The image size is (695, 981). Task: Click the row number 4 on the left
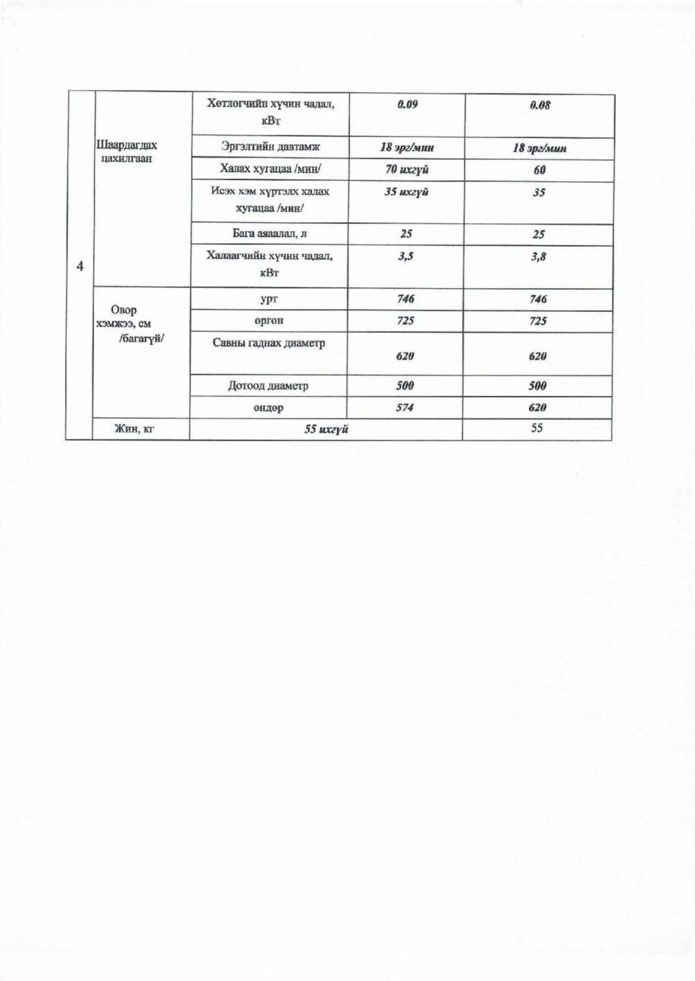[x=80, y=266]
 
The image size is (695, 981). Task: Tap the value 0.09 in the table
[x=407, y=104]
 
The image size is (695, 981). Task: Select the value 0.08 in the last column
[x=540, y=105]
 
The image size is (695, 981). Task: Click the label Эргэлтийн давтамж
[x=270, y=147]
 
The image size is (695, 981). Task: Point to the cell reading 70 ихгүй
[x=407, y=170]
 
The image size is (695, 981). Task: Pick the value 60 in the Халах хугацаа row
[x=539, y=171]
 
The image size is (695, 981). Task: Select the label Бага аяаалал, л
[x=270, y=234]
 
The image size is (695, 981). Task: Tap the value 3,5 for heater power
[x=405, y=256]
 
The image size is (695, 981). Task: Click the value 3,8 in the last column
[x=538, y=257]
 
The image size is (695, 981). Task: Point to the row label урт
[x=269, y=299]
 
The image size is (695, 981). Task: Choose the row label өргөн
[x=269, y=320]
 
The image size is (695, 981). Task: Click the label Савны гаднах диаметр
[x=269, y=343]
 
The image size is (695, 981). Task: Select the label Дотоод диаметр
[x=268, y=386]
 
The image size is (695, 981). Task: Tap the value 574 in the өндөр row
[x=405, y=408]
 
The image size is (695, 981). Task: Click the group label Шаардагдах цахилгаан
[x=127, y=151]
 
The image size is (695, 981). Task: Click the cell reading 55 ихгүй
[x=326, y=429]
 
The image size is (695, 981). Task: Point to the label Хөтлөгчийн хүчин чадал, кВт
[x=271, y=112]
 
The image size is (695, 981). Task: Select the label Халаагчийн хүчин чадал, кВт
[x=269, y=264]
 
